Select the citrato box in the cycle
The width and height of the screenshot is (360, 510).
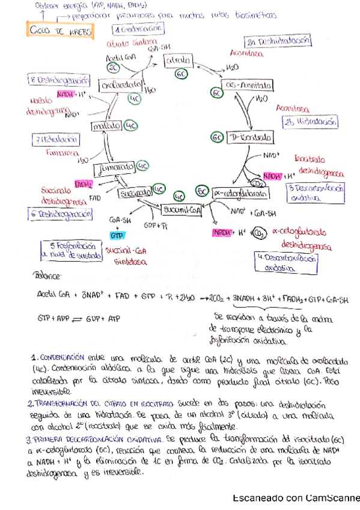tap(178, 61)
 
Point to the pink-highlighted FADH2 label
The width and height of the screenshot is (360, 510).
tap(84, 184)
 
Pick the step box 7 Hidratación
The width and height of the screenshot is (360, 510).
tap(56, 140)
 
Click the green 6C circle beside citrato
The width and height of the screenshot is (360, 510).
tap(183, 74)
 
